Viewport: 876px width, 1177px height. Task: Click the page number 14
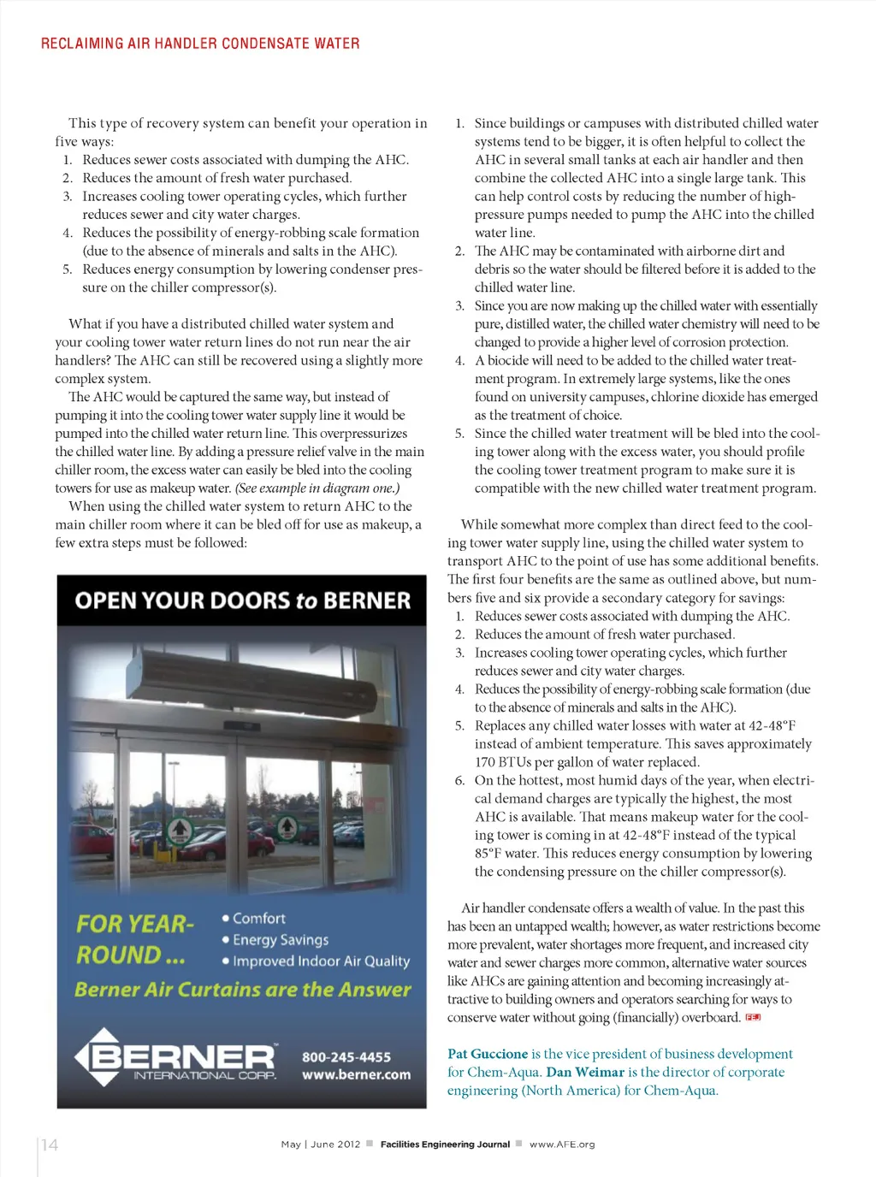click(50, 1144)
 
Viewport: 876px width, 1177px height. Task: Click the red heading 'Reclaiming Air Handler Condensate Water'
click(200, 44)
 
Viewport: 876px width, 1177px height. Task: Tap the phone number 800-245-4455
click(346, 1057)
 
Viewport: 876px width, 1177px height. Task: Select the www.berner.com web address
click(356, 1075)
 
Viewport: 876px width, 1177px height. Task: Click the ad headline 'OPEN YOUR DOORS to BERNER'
click(242, 600)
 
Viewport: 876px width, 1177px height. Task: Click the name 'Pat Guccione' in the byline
click(488, 1054)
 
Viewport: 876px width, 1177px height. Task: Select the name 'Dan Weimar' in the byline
click(585, 1073)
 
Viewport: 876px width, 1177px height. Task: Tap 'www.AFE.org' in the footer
click(562, 1144)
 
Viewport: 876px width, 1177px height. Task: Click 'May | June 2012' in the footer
click(321, 1144)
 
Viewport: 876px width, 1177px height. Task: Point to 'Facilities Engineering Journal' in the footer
click(445, 1144)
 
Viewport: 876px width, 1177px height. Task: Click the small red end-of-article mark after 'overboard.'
click(753, 1018)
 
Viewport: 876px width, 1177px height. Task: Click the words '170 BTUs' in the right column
click(503, 762)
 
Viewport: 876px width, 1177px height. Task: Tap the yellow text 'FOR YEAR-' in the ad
click(135, 925)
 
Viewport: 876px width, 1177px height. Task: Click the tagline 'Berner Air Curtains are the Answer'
click(243, 990)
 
